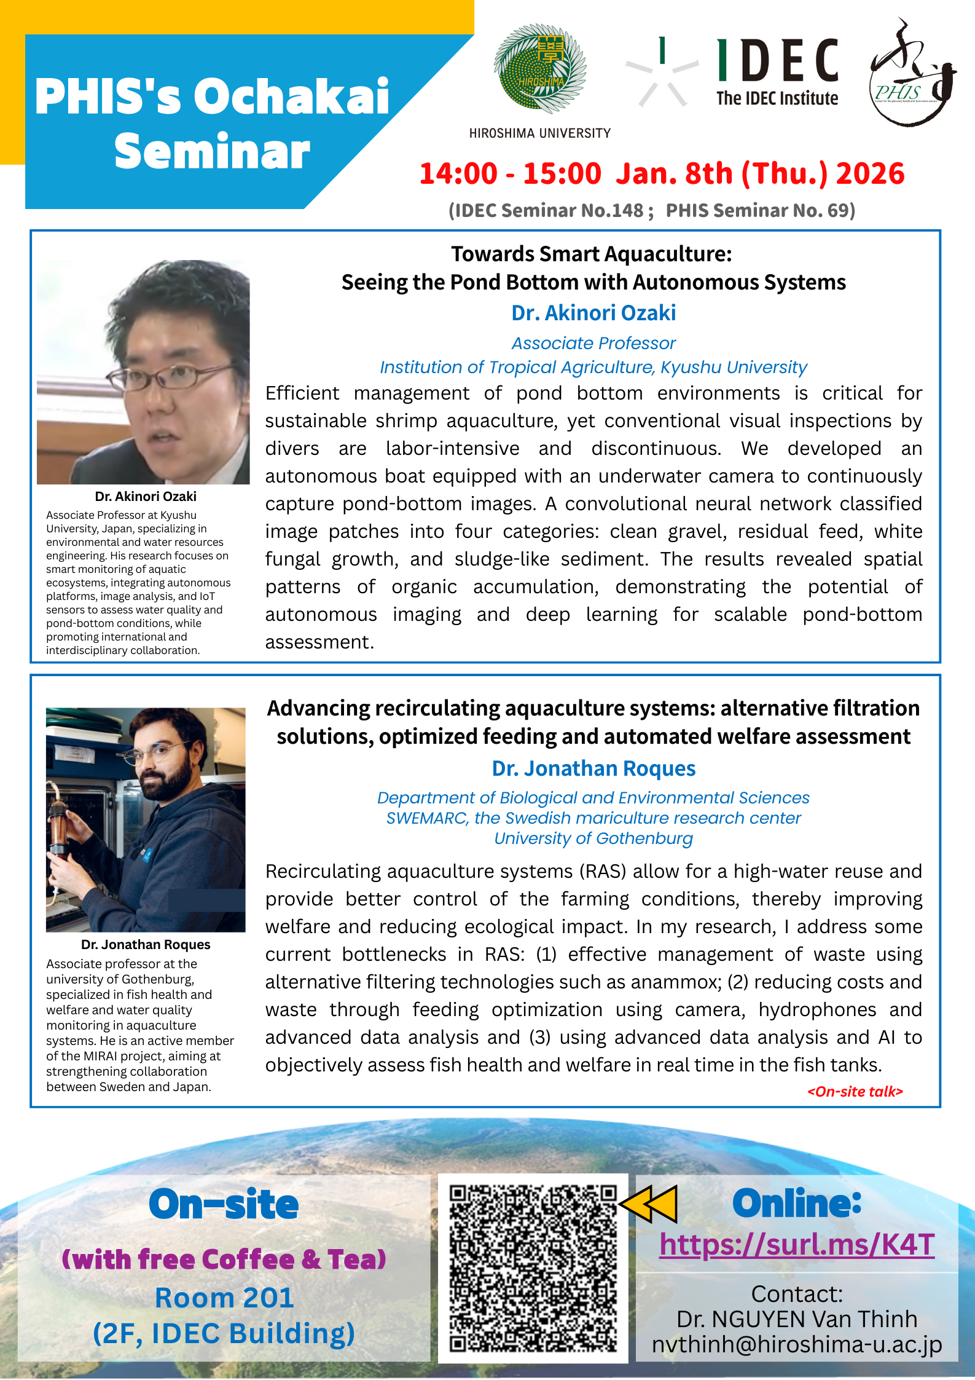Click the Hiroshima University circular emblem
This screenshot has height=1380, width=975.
click(539, 69)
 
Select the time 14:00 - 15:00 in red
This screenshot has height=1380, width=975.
click(510, 173)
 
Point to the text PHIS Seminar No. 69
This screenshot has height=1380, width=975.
click(760, 210)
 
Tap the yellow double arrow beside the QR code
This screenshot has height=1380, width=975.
click(649, 1203)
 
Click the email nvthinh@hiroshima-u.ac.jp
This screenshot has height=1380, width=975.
click(797, 1344)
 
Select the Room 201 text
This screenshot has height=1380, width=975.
click(224, 1298)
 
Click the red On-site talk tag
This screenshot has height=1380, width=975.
click(855, 1091)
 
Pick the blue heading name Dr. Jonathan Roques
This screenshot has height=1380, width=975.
click(593, 768)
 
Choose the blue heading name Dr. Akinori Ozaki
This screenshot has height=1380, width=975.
click(593, 313)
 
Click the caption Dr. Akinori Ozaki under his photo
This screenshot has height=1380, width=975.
click(146, 496)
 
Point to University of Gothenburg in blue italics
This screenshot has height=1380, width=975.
click(593, 838)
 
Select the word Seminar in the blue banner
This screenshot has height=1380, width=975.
click(212, 151)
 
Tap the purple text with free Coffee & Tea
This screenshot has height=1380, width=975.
click(224, 1259)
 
